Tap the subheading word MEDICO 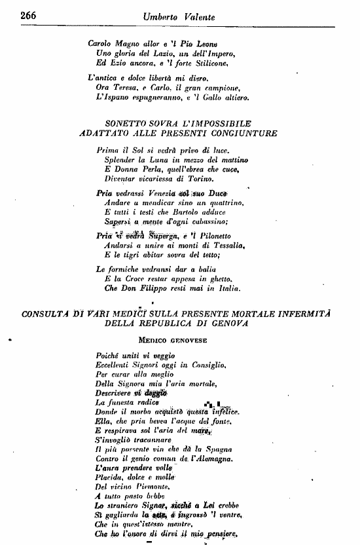pos(154,341)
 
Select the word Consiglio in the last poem pos(207,364)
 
